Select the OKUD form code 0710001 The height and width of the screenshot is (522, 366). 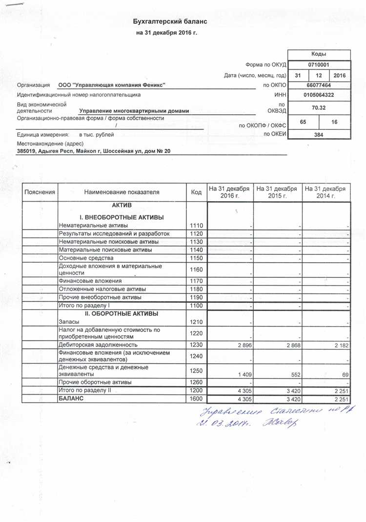click(319, 64)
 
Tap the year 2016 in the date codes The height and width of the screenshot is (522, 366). click(339, 75)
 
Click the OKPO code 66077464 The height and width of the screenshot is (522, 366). click(319, 85)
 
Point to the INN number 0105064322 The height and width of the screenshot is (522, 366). click(319, 95)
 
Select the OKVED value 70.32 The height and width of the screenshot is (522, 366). click(319, 107)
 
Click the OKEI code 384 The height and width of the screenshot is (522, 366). click(319, 134)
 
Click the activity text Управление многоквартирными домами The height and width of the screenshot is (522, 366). click(134, 111)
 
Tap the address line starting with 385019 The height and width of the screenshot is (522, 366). click(94, 151)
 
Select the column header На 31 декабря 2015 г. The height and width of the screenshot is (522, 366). click(277, 192)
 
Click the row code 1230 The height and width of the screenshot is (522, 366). click(196, 345)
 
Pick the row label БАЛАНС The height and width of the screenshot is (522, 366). click(71, 399)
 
